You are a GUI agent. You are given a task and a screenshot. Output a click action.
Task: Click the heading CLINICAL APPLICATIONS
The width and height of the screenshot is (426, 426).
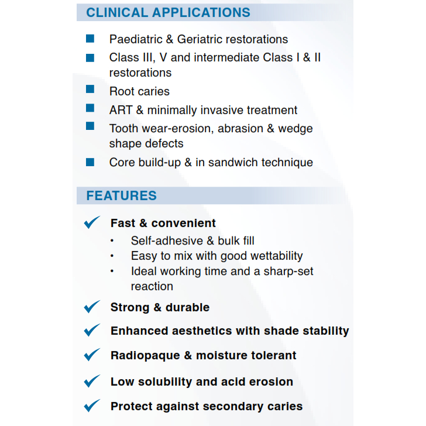click(168, 12)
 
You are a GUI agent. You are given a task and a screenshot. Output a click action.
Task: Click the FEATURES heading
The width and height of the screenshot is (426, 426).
click(122, 195)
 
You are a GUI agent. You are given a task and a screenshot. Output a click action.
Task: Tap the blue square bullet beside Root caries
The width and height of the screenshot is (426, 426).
click(90, 89)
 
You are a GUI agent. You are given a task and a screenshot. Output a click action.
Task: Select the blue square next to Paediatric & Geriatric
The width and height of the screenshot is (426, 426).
click(90, 39)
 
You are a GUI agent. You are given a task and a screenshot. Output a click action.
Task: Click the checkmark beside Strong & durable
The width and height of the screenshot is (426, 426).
click(92, 307)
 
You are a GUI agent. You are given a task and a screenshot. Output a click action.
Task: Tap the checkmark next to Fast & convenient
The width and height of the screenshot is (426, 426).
click(92, 222)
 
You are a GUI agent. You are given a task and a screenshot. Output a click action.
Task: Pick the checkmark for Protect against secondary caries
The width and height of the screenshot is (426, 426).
click(92, 406)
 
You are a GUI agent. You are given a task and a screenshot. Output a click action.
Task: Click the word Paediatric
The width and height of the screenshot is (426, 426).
click(136, 39)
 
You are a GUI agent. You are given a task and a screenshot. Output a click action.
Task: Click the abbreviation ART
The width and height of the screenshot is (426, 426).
click(121, 110)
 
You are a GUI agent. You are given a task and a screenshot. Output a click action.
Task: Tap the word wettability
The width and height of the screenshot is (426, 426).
click(277, 256)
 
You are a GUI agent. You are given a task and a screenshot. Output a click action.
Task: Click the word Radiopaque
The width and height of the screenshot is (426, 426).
click(145, 356)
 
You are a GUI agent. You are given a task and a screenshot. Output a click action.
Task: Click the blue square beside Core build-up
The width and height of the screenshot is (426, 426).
click(90, 162)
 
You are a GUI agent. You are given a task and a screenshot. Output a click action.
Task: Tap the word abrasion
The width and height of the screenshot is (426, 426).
click(241, 129)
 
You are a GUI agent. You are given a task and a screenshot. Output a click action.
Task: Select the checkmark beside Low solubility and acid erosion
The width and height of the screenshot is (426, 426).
click(92, 381)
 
